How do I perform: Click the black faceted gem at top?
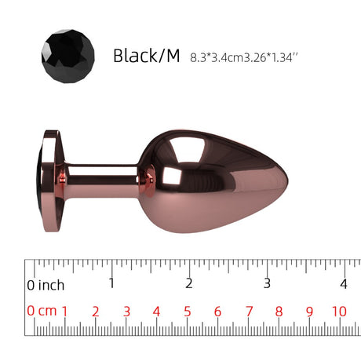point(68,57)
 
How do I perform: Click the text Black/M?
point(147,56)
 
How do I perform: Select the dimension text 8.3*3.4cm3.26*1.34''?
point(244,57)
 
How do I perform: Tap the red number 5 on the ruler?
point(188,312)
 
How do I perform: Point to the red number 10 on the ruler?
point(339,312)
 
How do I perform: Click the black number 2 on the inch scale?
point(189,283)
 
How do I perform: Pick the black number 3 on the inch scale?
point(267,283)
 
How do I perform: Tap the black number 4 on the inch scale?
point(344,284)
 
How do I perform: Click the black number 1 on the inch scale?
point(111,283)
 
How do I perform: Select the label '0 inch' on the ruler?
point(46,285)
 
